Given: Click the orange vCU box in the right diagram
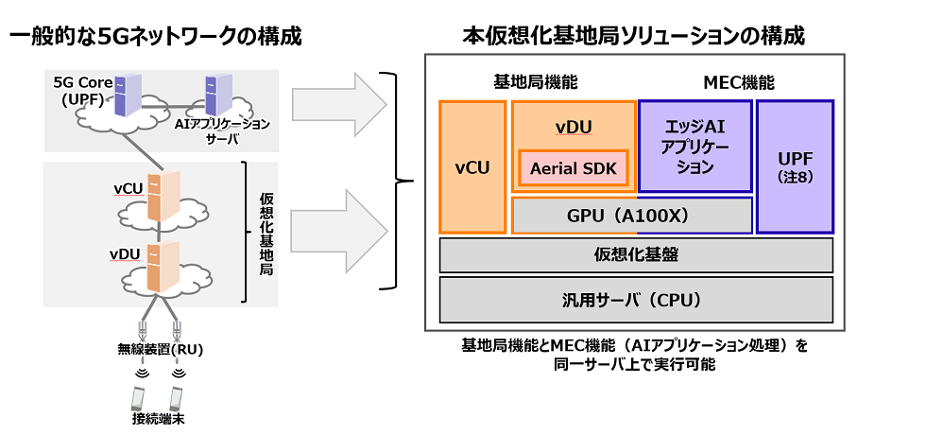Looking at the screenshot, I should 472,167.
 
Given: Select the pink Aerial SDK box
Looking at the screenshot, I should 573,167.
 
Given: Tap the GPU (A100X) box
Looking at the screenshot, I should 631,216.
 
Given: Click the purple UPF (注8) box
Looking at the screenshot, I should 795,167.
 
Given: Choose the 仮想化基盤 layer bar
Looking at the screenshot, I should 636,255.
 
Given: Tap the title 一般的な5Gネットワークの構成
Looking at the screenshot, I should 156,37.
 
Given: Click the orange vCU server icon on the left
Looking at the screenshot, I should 168,194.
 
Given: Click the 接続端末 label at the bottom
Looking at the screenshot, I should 156,417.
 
